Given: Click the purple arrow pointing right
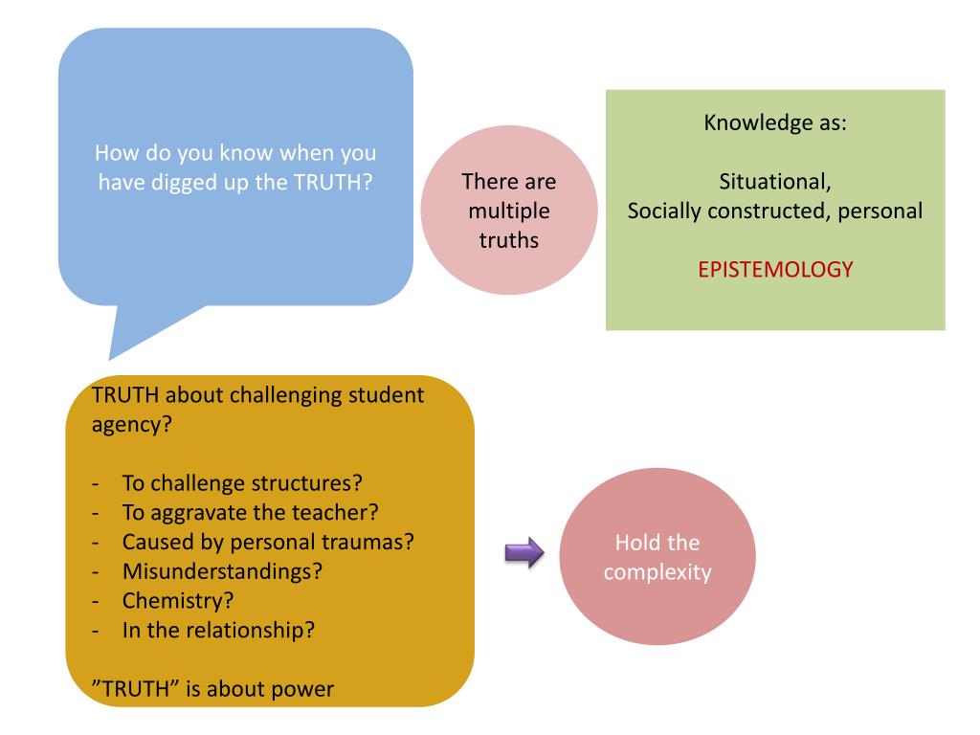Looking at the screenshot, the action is pyautogui.click(x=523, y=551).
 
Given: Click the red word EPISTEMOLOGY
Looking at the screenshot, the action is pyautogui.click(x=774, y=270).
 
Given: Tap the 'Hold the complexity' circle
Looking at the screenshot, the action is pyautogui.click(x=657, y=559).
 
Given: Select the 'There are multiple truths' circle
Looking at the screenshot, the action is pyautogui.click(x=509, y=210).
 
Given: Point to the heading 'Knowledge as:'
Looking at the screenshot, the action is pyautogui.click(x=774, y=123).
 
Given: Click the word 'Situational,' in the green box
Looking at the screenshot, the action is pyautogui.click(x=774, y=182).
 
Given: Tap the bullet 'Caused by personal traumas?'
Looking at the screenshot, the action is pyautogui.click(x=267, y=541).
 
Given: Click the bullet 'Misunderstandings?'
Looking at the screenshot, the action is pyautogui.click(x=222, y=571).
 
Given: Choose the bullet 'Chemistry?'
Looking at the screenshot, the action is pyautogui.click(x=179, y=601).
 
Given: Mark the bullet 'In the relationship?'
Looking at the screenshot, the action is pyautogui.click(x=219, y=631).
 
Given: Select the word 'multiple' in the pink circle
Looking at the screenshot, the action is pyautogui.click(x=509, y=210).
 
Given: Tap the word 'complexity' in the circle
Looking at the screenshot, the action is pyautogui.click(x=657, y=573).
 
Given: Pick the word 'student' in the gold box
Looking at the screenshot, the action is pyautogui.click(x=383, y=394).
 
